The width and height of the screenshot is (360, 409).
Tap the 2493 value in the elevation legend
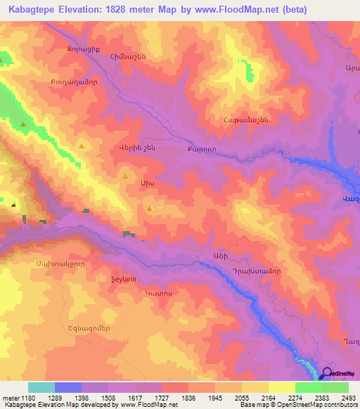pos(348,398)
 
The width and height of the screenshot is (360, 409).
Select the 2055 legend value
pos(241,398)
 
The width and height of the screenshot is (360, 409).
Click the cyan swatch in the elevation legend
pos(41,387)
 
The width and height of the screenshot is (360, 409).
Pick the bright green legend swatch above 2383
pos(309,387)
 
